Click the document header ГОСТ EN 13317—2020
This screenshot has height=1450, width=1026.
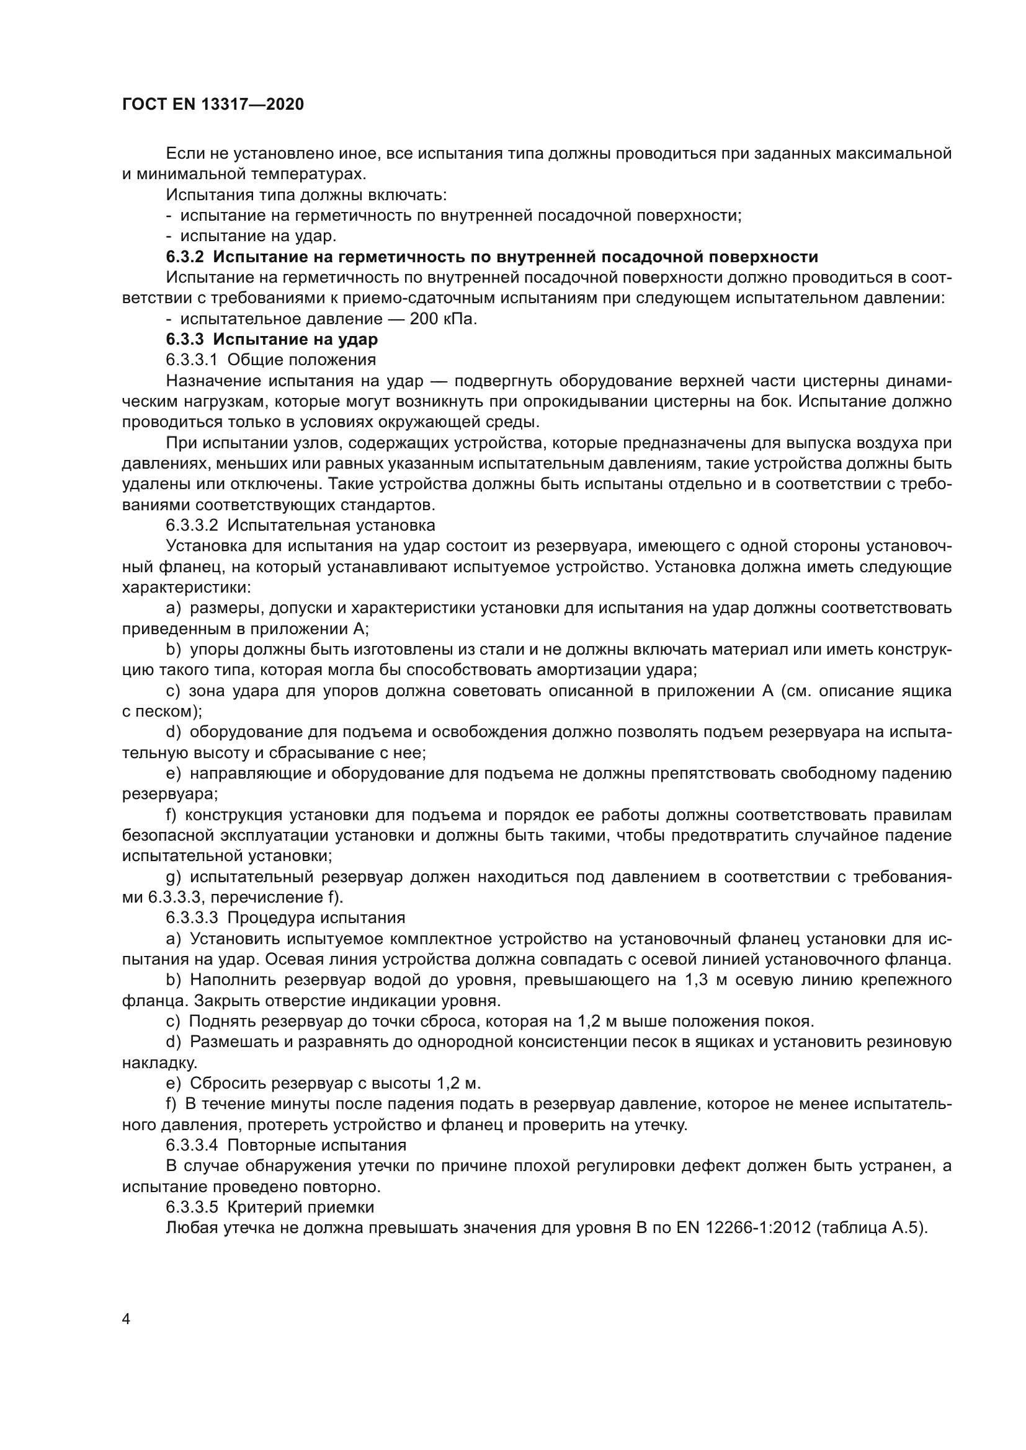(213, 104)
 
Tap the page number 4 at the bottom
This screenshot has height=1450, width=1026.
(127, 1319)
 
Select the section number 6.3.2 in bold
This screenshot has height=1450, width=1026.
(184, 257)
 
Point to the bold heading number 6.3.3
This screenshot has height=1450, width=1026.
(184, 340)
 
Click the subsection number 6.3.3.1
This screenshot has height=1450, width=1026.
(192, 360)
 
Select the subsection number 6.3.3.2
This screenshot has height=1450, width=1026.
(192, 526)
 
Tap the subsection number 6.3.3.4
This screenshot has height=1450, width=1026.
(192, 1145)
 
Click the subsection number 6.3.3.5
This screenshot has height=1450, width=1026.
(192, 1207)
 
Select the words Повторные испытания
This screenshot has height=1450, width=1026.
(316, 1145)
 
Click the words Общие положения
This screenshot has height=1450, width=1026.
(301, 360)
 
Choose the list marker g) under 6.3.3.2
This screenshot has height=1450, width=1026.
(173, 877)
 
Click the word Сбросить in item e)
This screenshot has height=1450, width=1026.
(226, 1083)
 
